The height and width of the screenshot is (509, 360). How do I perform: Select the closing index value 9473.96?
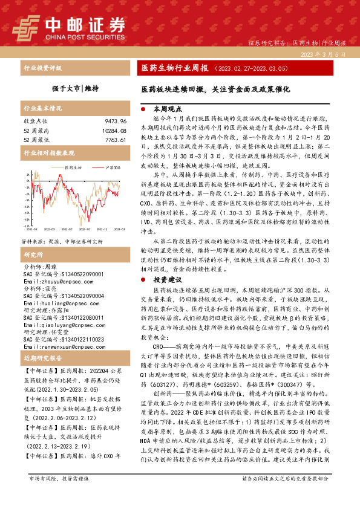[x=114, y=121]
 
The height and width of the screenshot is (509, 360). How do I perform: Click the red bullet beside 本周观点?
[x=142, y=111]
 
